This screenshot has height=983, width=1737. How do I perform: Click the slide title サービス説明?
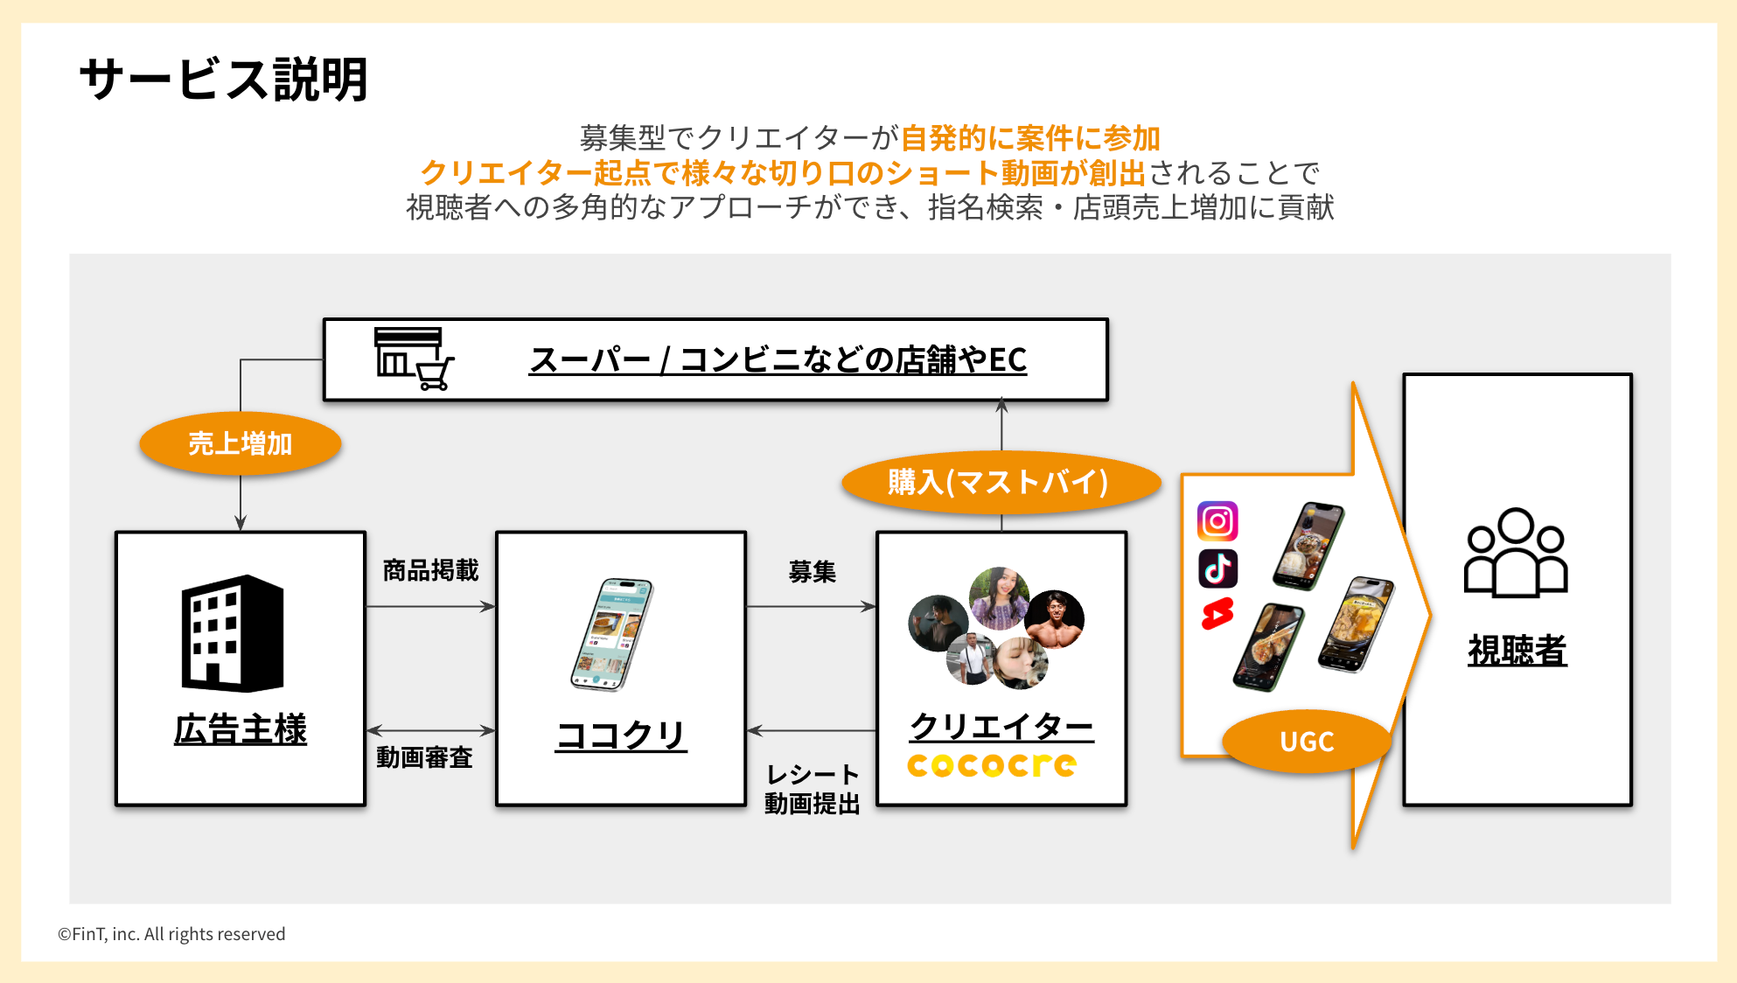click(x=223, y=80)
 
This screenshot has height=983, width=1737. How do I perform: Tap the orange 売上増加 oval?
click(x=240, y=443)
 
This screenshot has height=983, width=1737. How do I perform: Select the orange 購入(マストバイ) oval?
click(x=1001, y=482)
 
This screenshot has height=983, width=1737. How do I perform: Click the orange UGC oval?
click(x=1307, y=742)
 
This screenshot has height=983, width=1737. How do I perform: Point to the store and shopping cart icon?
click(x=414, y=359)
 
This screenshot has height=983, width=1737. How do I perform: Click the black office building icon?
click(x=233, y=633)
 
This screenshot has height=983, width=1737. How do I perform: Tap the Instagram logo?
click(x=1217, y=521)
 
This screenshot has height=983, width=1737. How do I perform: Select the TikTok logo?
click(x=1217, y=568)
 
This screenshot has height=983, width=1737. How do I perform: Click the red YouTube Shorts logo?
click(x=1217, y=614)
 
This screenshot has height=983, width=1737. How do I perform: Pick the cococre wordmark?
click(x=992, y=765)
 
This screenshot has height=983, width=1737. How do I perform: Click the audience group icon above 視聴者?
click(x=1516, y=553)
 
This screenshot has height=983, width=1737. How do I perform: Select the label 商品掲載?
click(x=430, y=570)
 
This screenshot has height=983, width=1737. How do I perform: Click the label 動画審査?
click(x=424, y=756)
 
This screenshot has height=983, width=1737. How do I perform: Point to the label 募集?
click(x=812, y=572)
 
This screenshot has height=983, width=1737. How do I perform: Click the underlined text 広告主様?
click(x=241, y=729)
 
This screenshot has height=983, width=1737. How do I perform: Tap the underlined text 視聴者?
click(x=1517, y=651)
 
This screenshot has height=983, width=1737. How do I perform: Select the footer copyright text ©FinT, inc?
click(x=171, y=934)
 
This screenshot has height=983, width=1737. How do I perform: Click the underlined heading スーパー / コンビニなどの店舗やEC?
click(x=778, y=359)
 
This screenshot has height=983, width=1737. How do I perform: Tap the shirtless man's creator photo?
click(x=1055, y=619)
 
